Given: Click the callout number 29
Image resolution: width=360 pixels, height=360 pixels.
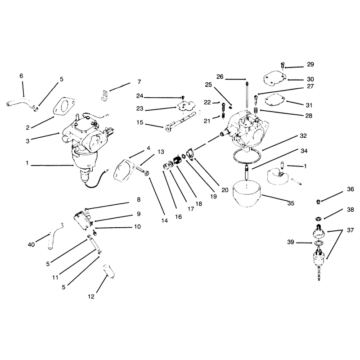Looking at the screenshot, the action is [x=310, y=64].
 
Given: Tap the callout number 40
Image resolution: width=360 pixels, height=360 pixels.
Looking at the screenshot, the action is [x=31, y=244].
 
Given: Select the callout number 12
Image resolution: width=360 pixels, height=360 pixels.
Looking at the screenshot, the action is [x=91, y=297].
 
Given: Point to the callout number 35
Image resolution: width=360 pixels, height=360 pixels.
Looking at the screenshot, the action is [x=291, y=203].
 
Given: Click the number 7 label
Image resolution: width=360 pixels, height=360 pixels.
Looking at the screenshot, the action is [x=139, y=81].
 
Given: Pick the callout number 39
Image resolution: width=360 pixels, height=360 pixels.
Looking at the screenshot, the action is [x=291, y=242].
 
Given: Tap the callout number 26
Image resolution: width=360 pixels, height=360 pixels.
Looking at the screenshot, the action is [x=220, y=76].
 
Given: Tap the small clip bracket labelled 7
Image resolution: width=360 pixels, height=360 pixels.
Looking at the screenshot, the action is [x=105, y=95].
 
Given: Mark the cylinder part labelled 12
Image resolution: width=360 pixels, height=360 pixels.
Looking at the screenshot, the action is [x=108, y=271].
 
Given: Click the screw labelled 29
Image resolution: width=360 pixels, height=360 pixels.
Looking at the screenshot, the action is [x=283, y=65].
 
